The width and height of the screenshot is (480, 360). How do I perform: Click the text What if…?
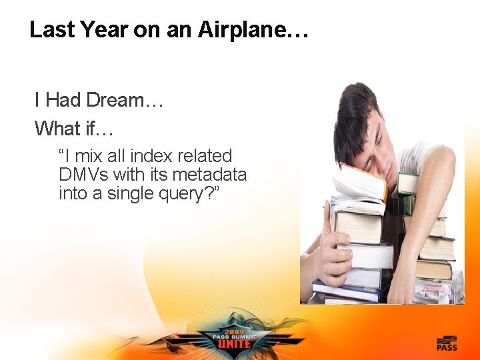pyautogui.click(x=74, y=127)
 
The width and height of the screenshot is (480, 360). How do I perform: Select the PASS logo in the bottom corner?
pyautogui.click(x=447, y=344)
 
